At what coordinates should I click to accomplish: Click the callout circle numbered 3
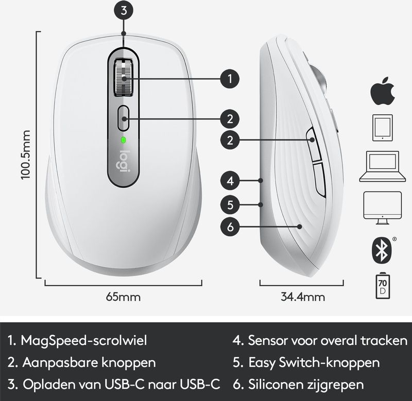click(x=124, y=10)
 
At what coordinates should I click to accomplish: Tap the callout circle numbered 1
click(x=230, y=79)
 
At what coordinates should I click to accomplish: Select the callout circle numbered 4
click(x=230, y=181)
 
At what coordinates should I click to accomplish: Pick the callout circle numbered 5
click(x=230, y=204)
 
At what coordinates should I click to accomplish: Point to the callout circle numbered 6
click(x=230, y=226)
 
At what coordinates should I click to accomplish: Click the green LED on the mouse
click(x=123, y=140)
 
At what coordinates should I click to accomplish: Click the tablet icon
click(x=383, y=128)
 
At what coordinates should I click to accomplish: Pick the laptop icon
click(x=383, y=166)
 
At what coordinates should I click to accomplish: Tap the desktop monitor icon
click(x=383, y=208)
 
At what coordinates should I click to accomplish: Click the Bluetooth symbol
click(x=382, y=250)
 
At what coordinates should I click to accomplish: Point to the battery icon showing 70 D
click(x=383, y=286)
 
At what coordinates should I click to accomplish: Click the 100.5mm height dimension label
click(x=25, y=155)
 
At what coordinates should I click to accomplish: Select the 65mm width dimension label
click(x=123, y=297)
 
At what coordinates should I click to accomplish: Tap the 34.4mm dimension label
click(x=303, y=297)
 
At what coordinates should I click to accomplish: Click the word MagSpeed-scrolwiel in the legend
click(x=84, y=340)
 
